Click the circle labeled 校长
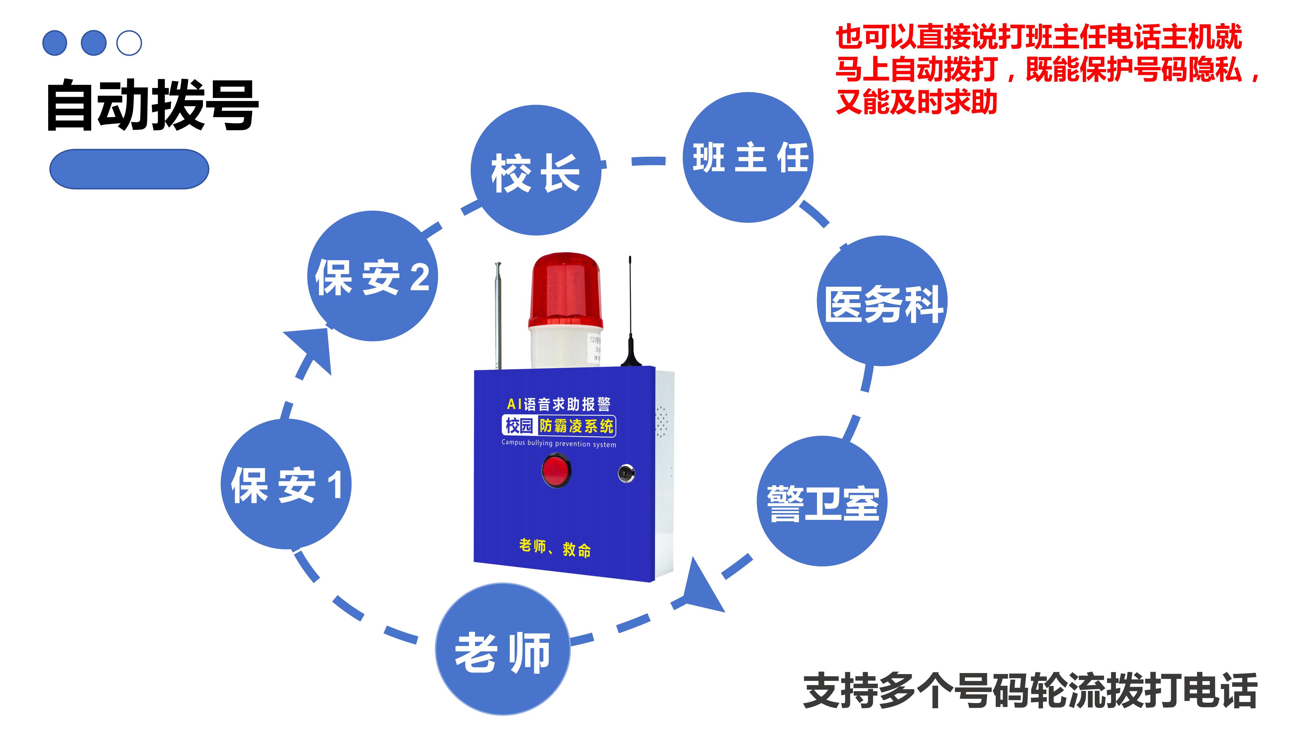(536, 170)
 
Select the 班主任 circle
(748, 157)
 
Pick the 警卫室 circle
(822, 501)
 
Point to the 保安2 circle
(372, 276)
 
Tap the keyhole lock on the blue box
(626, 473)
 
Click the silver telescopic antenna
(498, 314)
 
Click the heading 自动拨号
(152, 105)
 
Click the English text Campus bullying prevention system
(559, 443)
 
